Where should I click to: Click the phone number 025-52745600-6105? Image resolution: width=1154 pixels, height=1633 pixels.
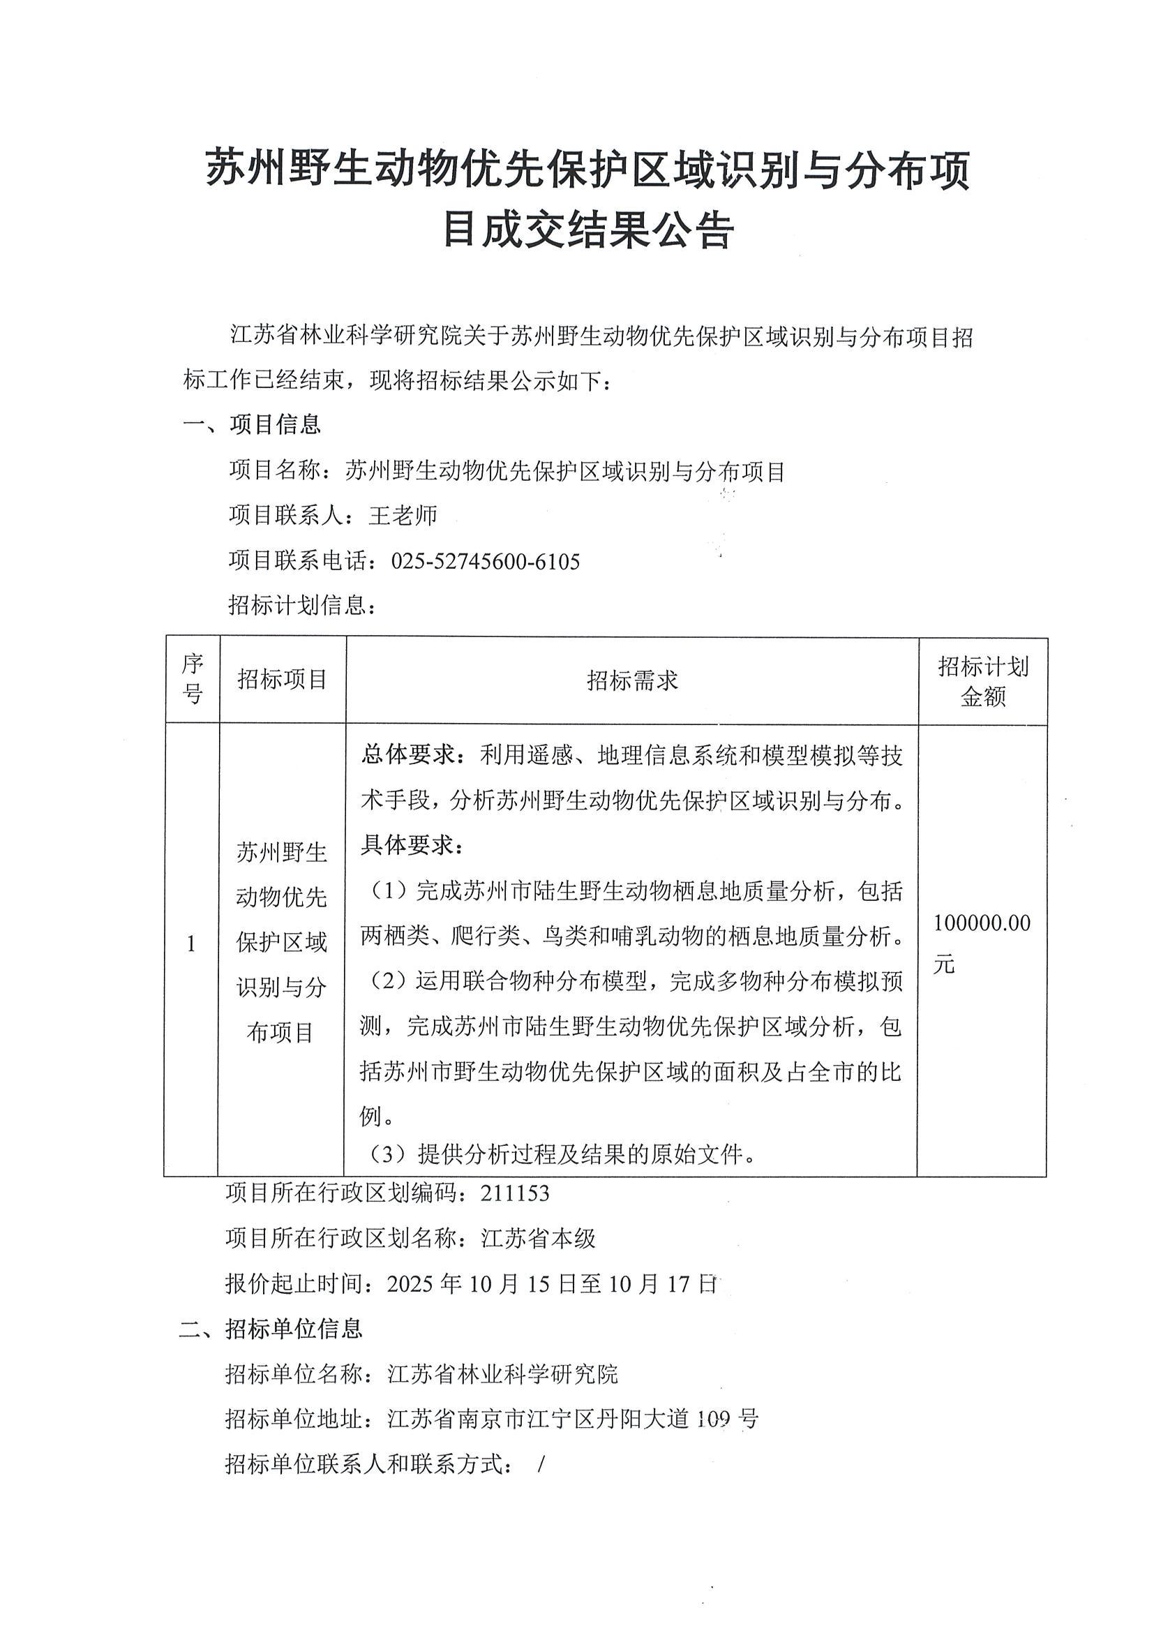click(x=485, y=562)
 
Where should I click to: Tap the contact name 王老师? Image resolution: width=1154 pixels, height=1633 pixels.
click(x=403, y=515)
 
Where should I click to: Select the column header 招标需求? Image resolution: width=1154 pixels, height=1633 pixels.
click(x=632, y=680)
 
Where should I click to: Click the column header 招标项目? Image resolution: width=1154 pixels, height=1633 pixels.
click(x=283, y=679)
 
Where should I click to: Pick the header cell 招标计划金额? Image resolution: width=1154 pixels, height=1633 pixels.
click(x=982, y=681)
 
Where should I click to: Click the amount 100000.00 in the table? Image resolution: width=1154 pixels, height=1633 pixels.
click(x=981, y=923)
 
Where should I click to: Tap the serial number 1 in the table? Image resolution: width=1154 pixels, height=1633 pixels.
click(x=190, y=944)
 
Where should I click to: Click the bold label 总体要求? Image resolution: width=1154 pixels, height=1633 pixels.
click(x=407, y=755)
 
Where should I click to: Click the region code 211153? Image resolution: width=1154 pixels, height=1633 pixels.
click(x=515, y=1193)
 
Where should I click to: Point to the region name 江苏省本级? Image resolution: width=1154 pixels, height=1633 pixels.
click(x=538, y=1238)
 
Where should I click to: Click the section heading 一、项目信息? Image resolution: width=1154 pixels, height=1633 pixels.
click(x=252, y=424)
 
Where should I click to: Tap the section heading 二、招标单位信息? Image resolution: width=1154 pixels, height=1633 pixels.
click(x=271, y=1328)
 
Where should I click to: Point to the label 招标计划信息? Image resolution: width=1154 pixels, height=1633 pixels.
click(x=299, y=605)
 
